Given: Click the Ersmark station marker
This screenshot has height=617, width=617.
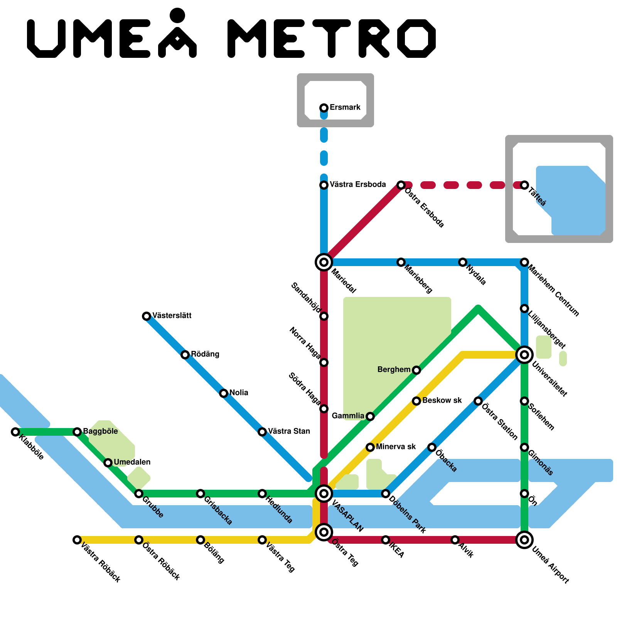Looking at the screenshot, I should click(324, 108).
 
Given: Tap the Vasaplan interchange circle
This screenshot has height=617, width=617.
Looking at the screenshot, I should click(324, 493).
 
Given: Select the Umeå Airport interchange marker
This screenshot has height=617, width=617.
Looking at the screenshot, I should click(524, 539).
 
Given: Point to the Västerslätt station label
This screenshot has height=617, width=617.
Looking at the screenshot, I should click(172, 315).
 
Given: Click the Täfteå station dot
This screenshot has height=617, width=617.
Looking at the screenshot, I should click(524, 185).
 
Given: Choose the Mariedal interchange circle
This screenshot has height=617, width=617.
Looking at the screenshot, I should click(324, 262).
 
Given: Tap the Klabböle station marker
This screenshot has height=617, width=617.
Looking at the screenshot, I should click(15, 432).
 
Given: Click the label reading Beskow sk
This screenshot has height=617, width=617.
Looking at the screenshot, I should click(442, 400).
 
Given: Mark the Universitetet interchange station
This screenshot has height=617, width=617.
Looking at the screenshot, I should click(524, 354).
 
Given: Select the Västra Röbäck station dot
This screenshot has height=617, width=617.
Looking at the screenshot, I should click(77, 539).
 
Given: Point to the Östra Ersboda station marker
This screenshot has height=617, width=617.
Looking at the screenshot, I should click(401, 185).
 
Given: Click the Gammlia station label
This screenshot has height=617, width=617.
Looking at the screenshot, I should click(348, 416).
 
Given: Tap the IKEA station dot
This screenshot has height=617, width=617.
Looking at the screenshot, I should click(386, 539).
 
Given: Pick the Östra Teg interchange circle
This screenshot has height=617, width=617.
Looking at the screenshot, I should click(324, 532).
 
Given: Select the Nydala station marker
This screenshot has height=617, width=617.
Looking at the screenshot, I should click(463, 262).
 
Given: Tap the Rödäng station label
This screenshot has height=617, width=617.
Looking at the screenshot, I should click(205, 354).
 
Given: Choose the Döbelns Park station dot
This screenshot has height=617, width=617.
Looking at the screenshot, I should click(386, 493).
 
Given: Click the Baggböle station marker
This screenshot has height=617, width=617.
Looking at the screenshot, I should click(77, 432).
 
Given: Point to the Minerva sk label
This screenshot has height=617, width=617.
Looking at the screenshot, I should click(396, 447).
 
